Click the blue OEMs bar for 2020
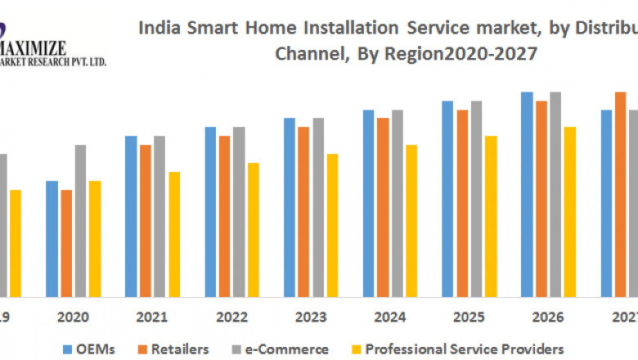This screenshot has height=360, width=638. [x=52, y=238]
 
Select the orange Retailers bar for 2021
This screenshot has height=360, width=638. [x=146, y=220]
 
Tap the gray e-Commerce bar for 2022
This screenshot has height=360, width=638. [x=239, y=211]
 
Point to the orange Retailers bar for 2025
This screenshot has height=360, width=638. [x=462, y=203]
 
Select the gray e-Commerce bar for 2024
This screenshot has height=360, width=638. [x=397, y=203]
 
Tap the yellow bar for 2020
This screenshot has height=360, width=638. [x=95, y=238]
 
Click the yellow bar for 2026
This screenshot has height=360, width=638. [x=569, y=211]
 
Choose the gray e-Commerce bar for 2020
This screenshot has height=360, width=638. [x=80, y=220]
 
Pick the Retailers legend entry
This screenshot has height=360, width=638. [x=177, y=349]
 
